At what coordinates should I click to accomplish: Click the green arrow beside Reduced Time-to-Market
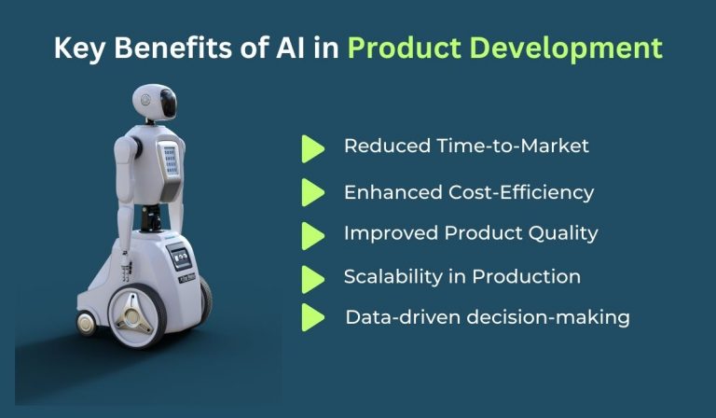tap(312, 147)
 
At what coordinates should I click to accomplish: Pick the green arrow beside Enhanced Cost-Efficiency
tap(312, 192)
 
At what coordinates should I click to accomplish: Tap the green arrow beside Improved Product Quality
tap(312, 234)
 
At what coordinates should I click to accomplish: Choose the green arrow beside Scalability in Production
tap(312, 277)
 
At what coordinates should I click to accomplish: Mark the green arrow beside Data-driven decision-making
tap(312, 317)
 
